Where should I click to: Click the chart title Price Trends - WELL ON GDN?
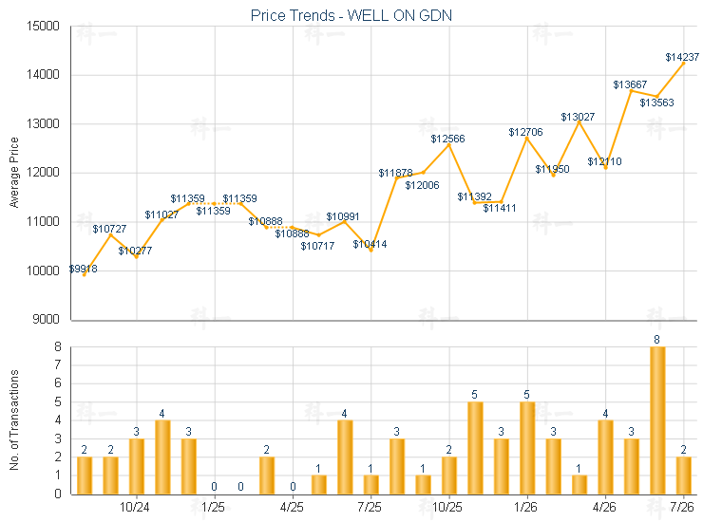pyautogui.click(x=351, y=15)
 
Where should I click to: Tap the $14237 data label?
pyautogui.click(x=682, y=57)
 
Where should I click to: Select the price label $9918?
pyautogui.click(x=83, y=269)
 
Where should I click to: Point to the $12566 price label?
pyautogui.click(x=447, y=139)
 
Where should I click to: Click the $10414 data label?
pyautogui.click(x=370, y=244)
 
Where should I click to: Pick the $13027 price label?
pyautogui.click(x=578, y=117)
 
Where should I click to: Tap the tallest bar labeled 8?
pyautogui.click(x=657, y=420)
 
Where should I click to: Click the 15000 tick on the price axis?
pyautogui.click(x=43, y=26)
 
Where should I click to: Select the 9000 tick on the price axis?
pyautogui.click(x=47, y=319)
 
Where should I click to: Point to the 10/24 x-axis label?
pyautogui.click(x=135, y=507)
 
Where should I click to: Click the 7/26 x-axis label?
pyautogui.click(x=681, y=507)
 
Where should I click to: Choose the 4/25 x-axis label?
pyautogui.click(x=292, y=507)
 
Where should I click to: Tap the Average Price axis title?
pyautogui.click(x=14, y=173)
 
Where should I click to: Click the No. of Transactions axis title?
pyautogui.click(x=14, y=419)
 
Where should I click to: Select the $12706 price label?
pyautogui.click(x=525, y=132)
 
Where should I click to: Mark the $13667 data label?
pyautogui.click(x=630, y=84)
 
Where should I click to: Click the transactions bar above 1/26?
pyautogui.click(x=527, y=448)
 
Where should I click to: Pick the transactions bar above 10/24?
pyautogui.click(x=136, y=466)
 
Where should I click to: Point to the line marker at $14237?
pyautogui.click(x=683, y=64)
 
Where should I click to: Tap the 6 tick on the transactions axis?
pyautogui.click(x=58, y=383)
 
